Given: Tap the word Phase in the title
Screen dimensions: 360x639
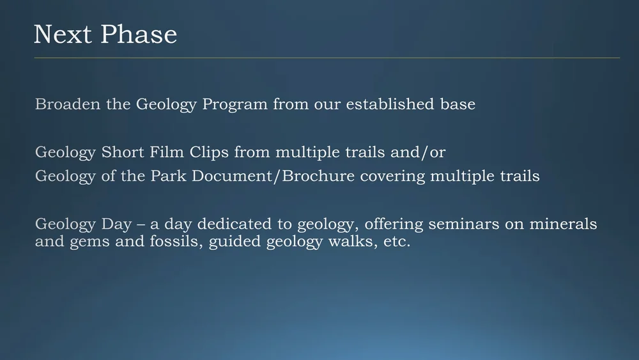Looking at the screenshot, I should pyautogui.click(x=137, y=35).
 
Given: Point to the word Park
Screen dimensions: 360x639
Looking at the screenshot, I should pyautogui.click(x=167, y=176).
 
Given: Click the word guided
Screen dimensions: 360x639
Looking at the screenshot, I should pyautogui.click(x=235, y=244).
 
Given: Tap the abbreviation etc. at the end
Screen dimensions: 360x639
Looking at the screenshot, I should pyautogui.click(x=395, y=243).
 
